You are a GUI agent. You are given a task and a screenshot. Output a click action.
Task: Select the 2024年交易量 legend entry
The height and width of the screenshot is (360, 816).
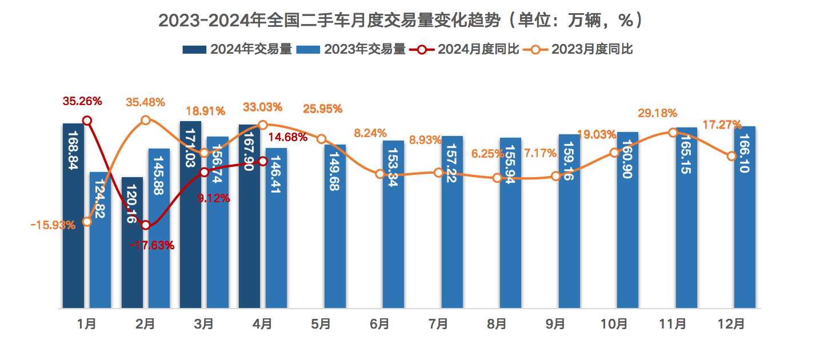point(237,49)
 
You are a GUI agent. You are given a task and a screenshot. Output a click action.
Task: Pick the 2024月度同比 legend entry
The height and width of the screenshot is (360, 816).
point(464,49)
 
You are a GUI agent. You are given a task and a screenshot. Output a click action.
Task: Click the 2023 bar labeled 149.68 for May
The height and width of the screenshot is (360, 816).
point(335,229)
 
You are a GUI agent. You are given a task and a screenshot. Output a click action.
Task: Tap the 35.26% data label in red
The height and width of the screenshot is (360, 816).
point(82,102)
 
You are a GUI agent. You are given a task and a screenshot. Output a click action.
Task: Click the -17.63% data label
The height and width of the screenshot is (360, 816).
point(152,246)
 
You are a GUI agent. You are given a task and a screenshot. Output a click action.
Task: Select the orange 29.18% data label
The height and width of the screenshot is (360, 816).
point(658,113)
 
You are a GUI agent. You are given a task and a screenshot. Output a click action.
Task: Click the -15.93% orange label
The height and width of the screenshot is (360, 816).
point(53,225)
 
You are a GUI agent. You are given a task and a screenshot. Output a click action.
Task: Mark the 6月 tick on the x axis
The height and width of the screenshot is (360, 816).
point(379,324)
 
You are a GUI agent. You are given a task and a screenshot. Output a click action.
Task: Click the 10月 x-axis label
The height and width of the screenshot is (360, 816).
point(614,324)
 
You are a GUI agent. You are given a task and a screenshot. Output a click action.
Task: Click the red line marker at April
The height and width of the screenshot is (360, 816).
point(263,161)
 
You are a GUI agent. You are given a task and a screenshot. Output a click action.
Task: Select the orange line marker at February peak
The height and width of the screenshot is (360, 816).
point(146,120)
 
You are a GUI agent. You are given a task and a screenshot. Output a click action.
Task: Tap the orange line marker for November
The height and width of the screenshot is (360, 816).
point(673,133)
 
